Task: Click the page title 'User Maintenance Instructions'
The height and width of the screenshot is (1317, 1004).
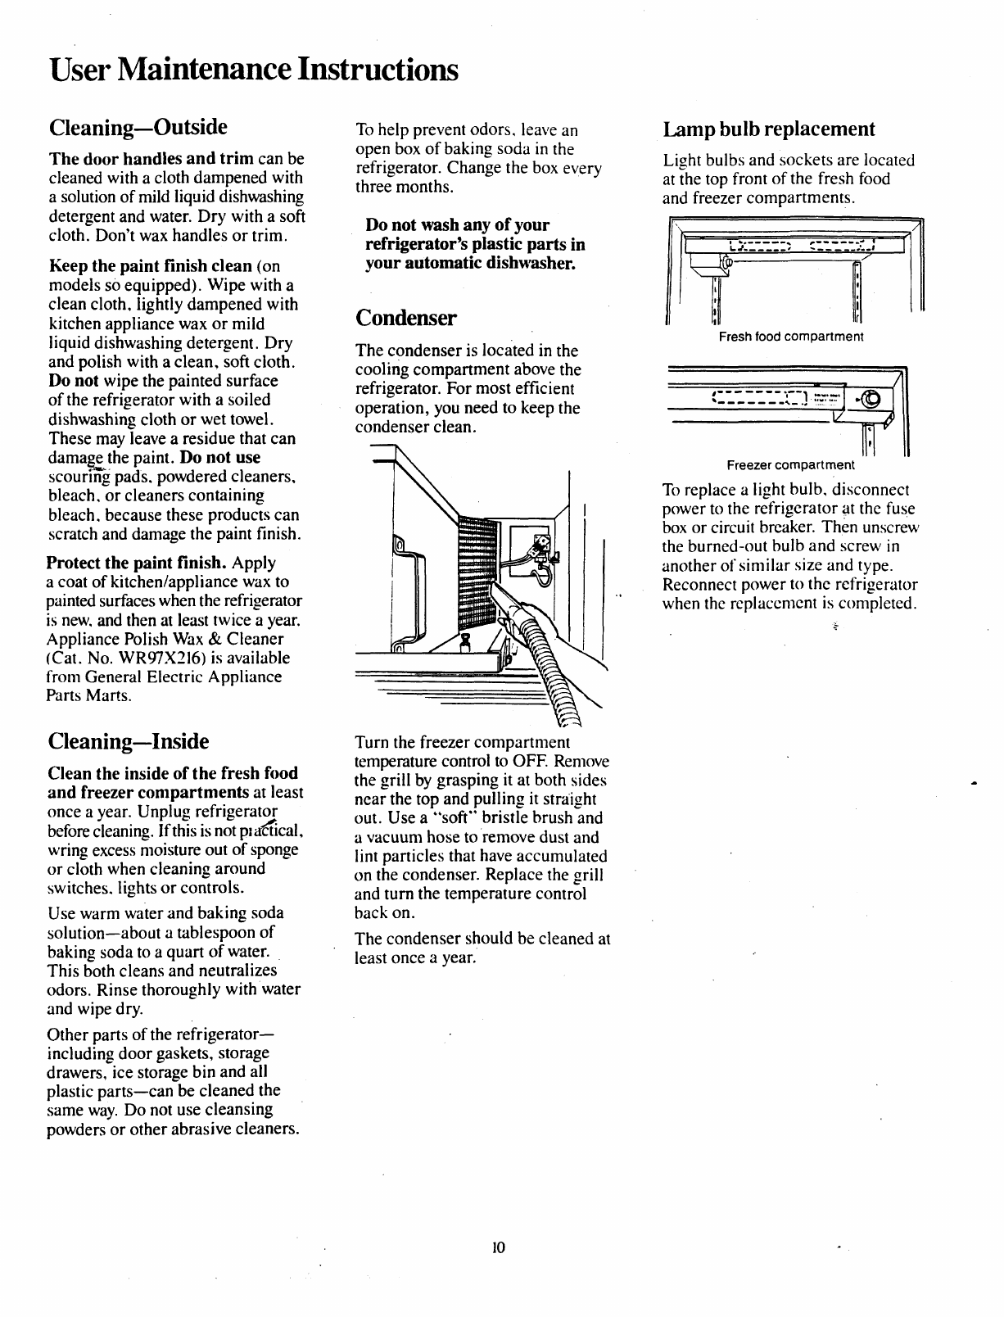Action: tap(252, 69)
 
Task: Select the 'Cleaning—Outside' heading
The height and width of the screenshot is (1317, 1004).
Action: tap(138, 128)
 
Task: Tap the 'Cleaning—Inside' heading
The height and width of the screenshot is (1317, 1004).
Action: tap(129, 742)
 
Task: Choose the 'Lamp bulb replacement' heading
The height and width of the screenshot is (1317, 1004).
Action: tap(769, 129)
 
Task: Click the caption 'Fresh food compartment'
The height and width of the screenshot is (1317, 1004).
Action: tap(791, 337)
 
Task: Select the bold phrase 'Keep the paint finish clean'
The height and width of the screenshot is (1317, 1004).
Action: tap(150, 266)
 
